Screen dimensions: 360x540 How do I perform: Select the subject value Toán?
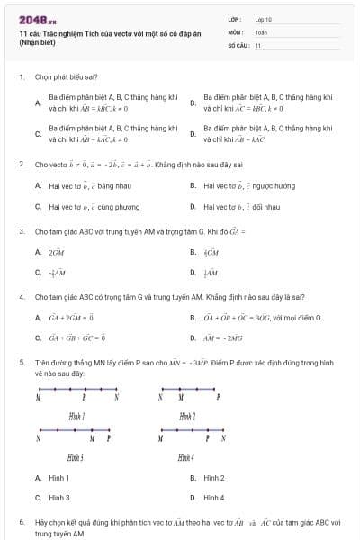[x=261, y=31]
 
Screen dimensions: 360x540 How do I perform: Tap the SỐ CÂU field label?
[x=237, y=44]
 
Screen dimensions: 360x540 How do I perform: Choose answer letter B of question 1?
[x=193, y=103]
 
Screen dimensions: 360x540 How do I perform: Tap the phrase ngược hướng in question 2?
[x=255, y=185]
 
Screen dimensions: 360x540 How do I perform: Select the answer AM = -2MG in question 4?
[x=223, y=337]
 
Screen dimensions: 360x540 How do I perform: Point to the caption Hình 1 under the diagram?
[x=76, y=416]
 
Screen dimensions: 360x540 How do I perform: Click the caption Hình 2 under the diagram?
[x=187, y=416]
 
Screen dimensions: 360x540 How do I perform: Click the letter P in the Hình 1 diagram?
[x=84, y=397]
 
